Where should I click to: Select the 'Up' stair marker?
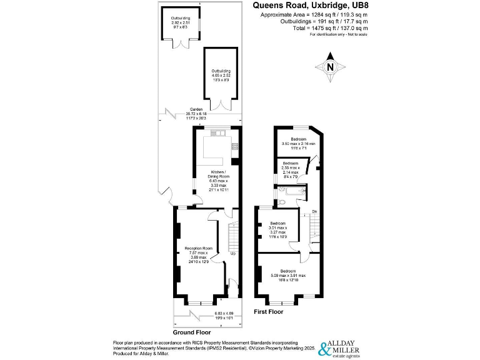tap(233, 253)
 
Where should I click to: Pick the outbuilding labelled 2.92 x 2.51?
tap(181, 24)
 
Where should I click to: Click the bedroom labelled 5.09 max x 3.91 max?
tap(288, 274)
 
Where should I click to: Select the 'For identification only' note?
tap(339, 35)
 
